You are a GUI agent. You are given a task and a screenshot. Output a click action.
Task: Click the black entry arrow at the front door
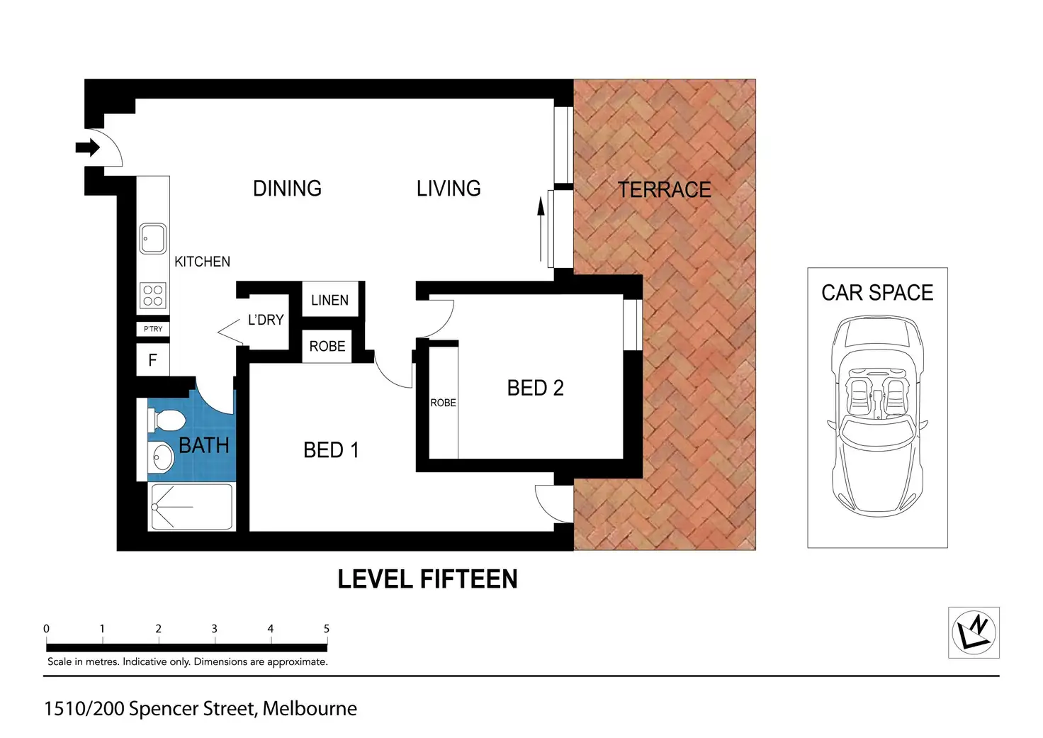click(88, 147)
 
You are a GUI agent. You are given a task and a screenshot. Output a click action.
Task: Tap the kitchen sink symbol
click(152, 238)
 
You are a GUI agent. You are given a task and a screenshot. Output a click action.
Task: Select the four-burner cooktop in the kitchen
click(153, 296)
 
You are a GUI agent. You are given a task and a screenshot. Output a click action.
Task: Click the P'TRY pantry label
click(153, 329)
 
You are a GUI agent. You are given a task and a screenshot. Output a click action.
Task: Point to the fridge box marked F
click(152, 360)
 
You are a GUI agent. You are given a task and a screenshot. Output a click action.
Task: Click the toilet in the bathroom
click(167, 419)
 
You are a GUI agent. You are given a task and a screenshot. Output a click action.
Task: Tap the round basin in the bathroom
click(163, 457)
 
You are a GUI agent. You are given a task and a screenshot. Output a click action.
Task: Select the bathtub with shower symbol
click(191, 507)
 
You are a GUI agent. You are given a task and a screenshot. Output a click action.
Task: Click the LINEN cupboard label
click(329, 301)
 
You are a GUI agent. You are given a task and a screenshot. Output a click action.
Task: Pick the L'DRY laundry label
click(266, 320)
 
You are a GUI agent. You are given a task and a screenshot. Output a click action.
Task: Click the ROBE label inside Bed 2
click(443, 403)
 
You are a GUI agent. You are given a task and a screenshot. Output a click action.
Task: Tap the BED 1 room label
click(331, 450)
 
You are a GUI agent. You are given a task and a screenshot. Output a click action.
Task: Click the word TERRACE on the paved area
click(664, 190)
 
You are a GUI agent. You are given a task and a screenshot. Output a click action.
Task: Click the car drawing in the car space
click(877, 417)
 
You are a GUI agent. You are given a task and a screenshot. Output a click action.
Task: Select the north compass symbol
click(974, 632)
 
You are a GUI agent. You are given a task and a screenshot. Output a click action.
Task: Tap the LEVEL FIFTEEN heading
click(427, 579)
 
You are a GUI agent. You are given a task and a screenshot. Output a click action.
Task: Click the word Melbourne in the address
click(310, 708)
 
